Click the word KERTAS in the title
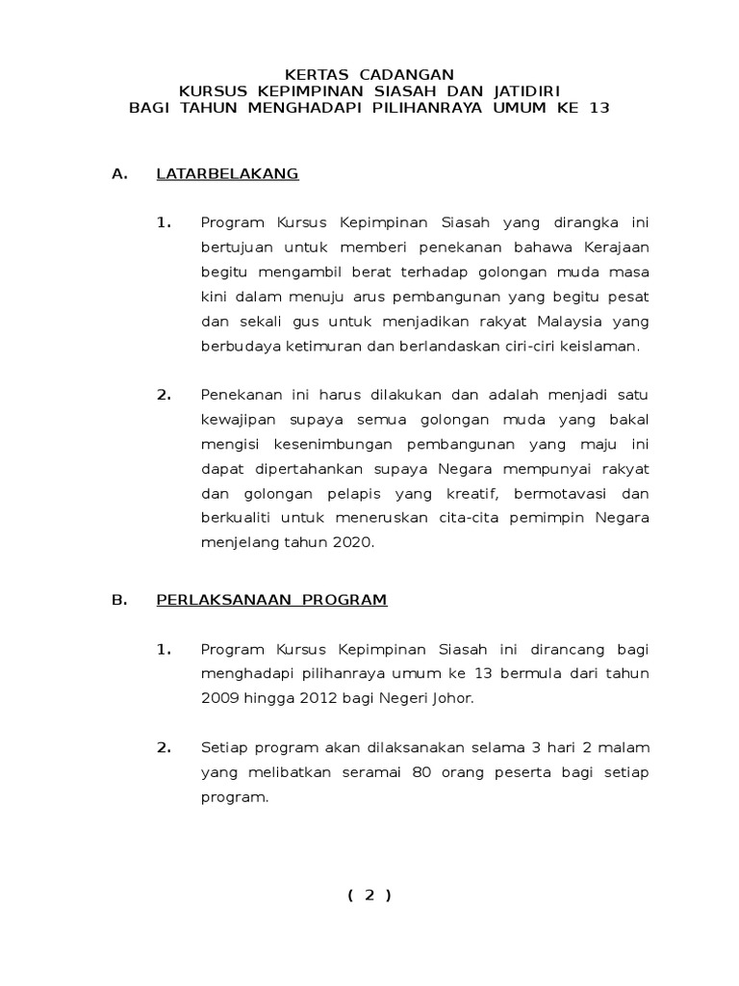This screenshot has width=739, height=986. [x=319, y=74]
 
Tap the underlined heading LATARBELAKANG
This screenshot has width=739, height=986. [x=227, y=174]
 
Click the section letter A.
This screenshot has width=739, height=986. [x=119, y=174]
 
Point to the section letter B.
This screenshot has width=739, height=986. [x=119, y=600]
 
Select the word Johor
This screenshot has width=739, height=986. [x=453, y=697]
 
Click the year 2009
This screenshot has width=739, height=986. [x=219, y=697]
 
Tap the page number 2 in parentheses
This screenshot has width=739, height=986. [x=369, y=895]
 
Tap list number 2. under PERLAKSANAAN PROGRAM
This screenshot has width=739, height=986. [x=165, y=746]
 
